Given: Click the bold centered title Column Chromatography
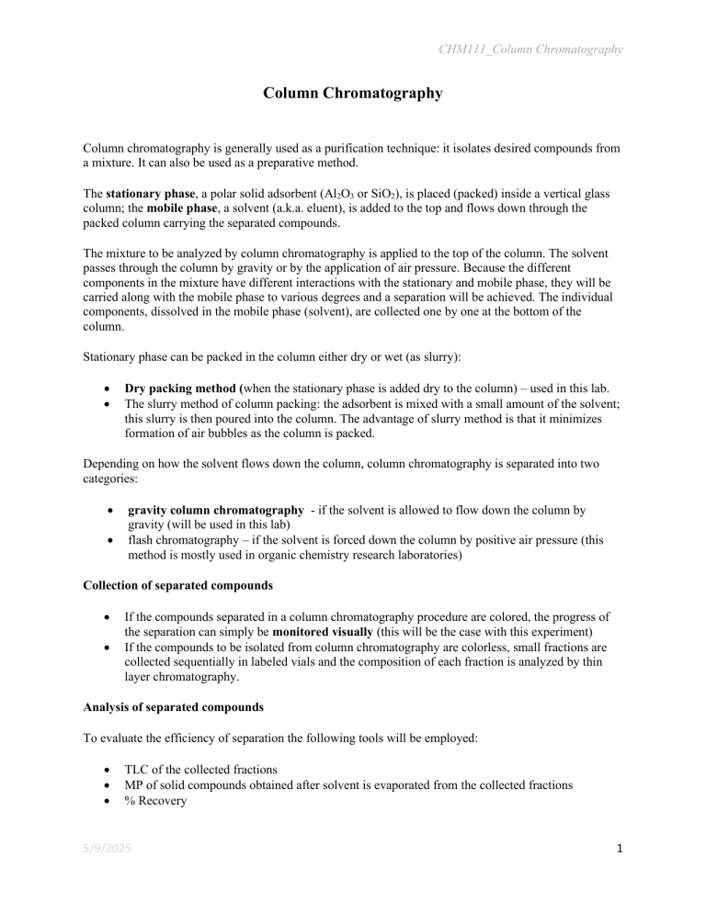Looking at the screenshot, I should (353, 94).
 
